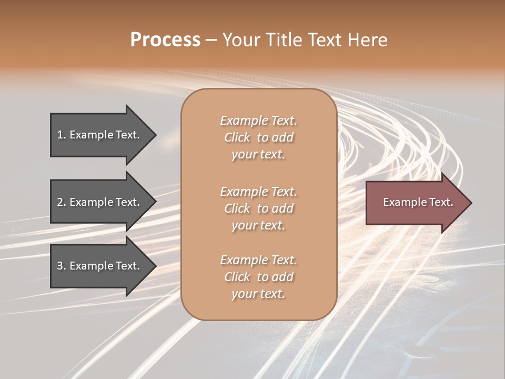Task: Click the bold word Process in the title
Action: (x=165, y=40)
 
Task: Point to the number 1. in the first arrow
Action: (x=62, y=135)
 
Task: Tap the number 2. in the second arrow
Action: (x=62, y=202)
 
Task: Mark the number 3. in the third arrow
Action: (x=62, y=266)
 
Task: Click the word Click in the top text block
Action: (x=237, y=137)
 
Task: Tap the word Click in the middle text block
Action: (x=237, y=208)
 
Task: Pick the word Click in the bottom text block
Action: (x=237, y=277)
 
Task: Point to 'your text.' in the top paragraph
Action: (x=258, y=155)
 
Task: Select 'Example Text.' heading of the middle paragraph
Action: (x=258, y=191)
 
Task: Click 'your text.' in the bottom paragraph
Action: (x=258, y=294)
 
